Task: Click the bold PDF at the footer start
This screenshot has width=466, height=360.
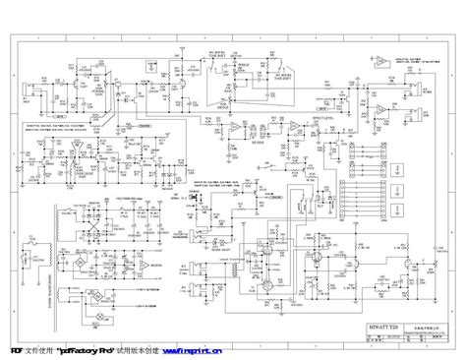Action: (x=17, y=350)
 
